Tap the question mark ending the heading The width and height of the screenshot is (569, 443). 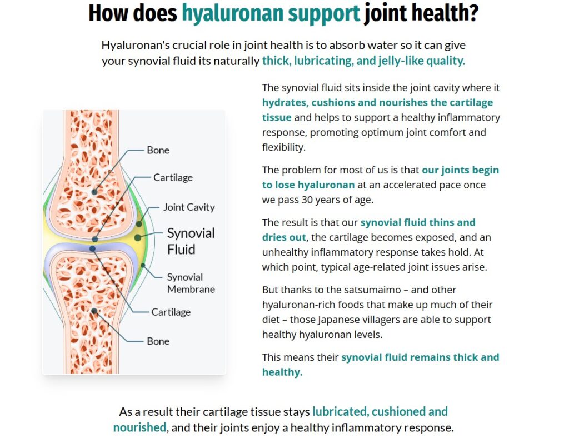(473, 13)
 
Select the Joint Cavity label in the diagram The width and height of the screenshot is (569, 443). (189, 207)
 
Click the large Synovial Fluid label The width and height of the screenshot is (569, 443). (191, 241)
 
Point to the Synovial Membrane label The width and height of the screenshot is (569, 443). (191, 283)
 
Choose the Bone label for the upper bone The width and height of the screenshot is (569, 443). (158, 150)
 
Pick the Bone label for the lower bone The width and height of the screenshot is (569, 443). (158, 341)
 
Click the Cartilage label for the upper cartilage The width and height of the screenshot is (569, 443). (173, 178)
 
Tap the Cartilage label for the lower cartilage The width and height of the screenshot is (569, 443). (171, 312)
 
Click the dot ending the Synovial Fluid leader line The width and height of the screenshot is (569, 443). (137, 237)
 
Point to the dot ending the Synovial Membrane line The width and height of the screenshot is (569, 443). (143, 266)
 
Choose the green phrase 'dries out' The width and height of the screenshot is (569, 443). (284, 237)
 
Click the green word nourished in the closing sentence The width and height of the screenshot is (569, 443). (139, 427)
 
